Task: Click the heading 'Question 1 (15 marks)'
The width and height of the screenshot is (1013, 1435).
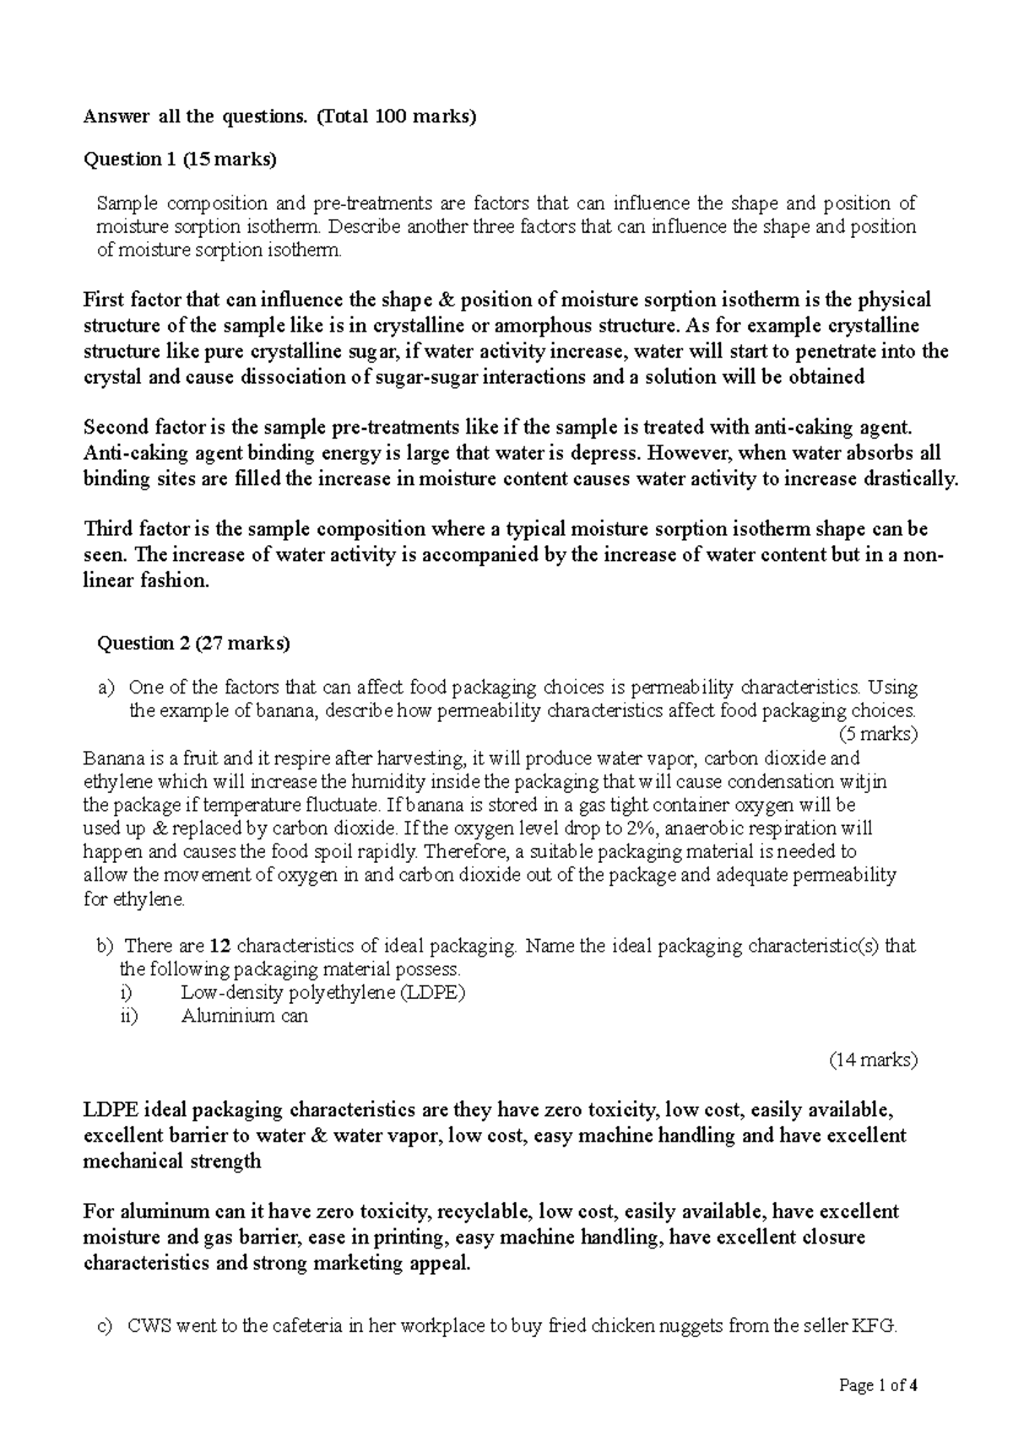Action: click(x=179, y=159)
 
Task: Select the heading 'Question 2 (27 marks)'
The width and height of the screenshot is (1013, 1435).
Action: click(x=194, y=644)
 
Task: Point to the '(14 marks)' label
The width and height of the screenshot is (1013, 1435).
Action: click(x=873, y=1060)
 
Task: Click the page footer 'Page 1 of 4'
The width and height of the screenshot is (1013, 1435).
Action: click(x=878, y=1385)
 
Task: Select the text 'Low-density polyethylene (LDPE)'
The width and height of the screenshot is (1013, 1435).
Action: click(x=323, y=992)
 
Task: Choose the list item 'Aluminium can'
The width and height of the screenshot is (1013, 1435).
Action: click(x=244, y=1016)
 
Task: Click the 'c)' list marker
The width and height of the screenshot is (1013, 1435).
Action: click(x=105, y=1326)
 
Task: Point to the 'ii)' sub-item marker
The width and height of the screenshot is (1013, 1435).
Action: click(x=128, y=1016)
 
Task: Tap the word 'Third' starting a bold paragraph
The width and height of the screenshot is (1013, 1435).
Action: click(x=108, y=530)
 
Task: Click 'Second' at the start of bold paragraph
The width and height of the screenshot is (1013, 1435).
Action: click(x=116, y=428)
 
